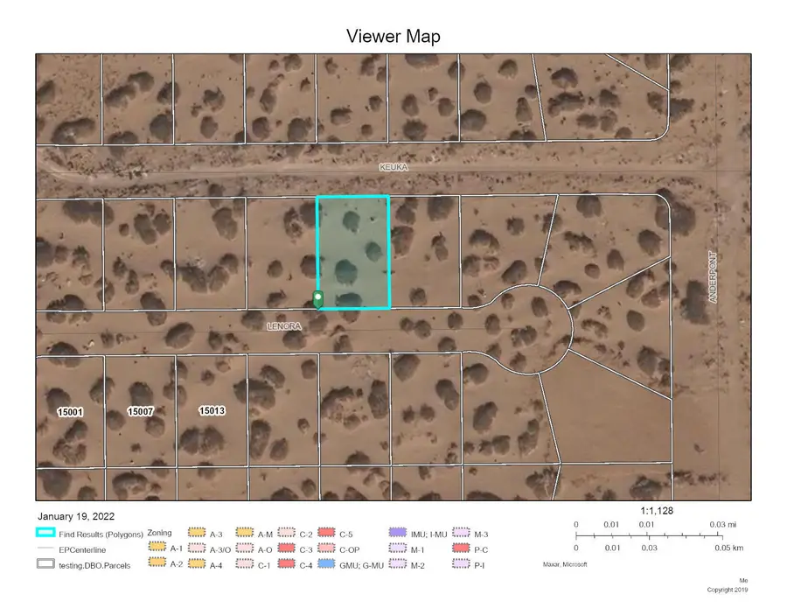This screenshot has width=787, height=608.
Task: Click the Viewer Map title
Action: (x=393, y=36)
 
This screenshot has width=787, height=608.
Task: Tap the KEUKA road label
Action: (x=393, y=166)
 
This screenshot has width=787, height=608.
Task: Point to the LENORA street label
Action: (x=284, y=326)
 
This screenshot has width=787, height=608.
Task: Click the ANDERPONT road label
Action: (x=713, y=277)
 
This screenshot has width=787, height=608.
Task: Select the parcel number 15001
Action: (x=71, y=411)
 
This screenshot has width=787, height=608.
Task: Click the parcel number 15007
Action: (x=141, y=411)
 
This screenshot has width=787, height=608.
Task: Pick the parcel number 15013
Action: (x=212, y=410)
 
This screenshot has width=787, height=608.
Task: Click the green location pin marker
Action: (x=318, y=299)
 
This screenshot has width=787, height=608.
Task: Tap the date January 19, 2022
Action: (x=76, y=517)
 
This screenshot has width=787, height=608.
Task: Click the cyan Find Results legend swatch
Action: (x=45, y=533)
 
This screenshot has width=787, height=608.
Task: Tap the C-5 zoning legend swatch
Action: (x=327, y=533)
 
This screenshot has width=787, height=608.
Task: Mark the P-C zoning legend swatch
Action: (x=462, y=549)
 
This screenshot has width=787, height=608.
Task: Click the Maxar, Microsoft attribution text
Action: (x=565, y=565)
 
